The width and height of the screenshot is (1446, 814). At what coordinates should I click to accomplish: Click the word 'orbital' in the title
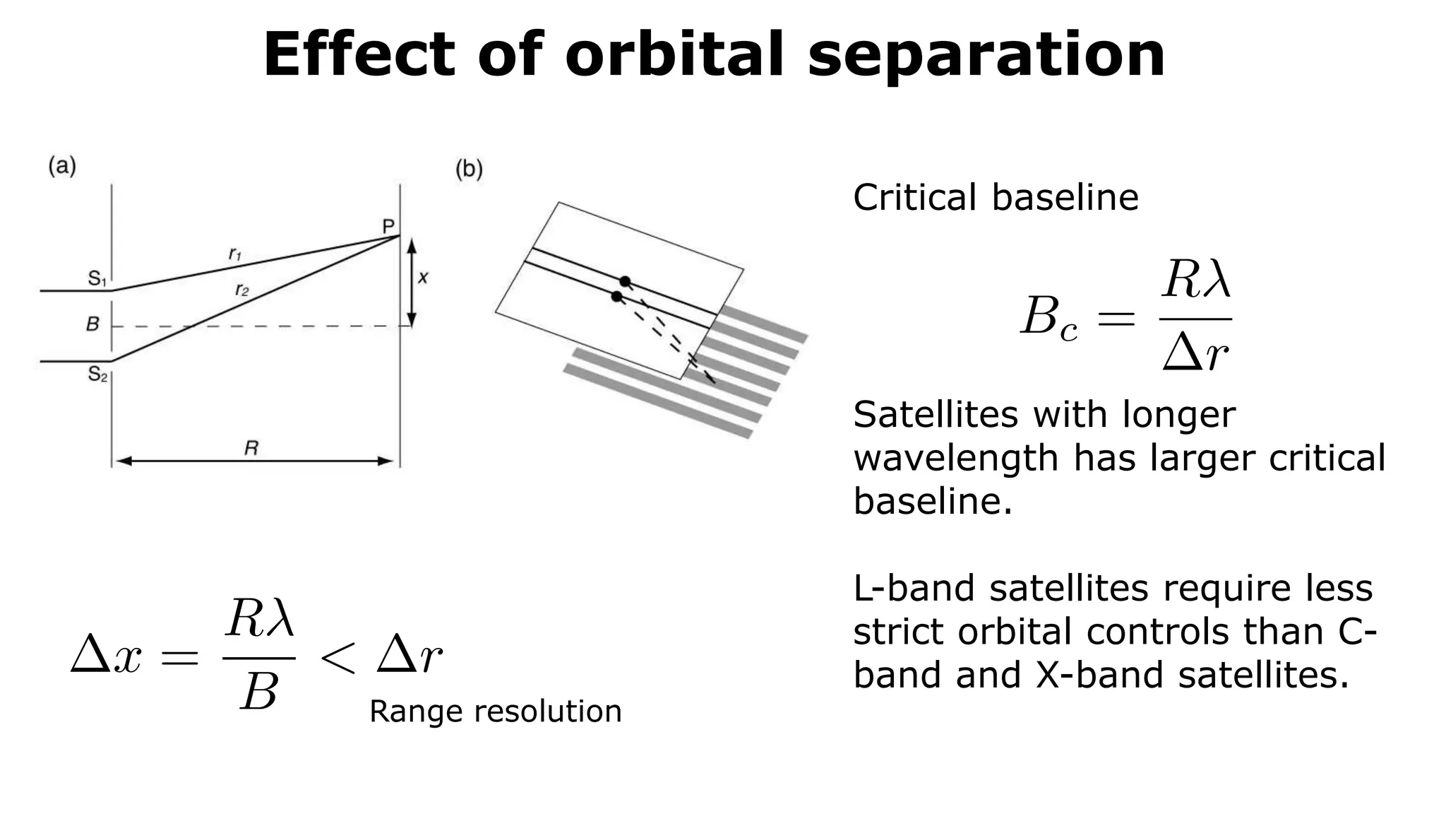pyautogui.click(x=674, y=54)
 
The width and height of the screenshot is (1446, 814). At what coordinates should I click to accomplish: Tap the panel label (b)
pyautogui.click(x=469, y=170)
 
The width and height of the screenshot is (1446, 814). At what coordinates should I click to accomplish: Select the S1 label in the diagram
pyautogui.click(x=97, y=278)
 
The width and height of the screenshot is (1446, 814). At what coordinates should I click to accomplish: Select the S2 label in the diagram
pyautogui.click(x=97, y=374)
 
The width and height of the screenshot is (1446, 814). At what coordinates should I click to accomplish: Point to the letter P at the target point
pyautogui.click(x=388, y=226)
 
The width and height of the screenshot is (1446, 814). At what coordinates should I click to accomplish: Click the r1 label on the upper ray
pyautogui.click(x=235, y=254)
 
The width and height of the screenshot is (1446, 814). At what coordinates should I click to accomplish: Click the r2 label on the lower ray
pyautogui.click(x=242, y=289)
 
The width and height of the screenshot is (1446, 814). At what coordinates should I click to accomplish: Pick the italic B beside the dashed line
pyautogui.click(x=92, y=324)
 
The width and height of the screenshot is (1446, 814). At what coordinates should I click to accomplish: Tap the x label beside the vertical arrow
pyautogui.click(x=423, y=278)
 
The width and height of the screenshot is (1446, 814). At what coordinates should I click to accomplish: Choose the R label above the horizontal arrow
pyautogui.click(x=251, y=447)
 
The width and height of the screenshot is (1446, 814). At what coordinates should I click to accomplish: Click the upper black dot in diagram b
pyautogui.click(x=625, y=281)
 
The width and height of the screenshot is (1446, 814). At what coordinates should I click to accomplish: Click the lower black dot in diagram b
pyautogui.click(x=616, y=297)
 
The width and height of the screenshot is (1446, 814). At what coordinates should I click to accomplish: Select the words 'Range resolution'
pyautogui.click(x=495, y=711)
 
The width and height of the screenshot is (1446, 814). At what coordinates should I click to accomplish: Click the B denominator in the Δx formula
pyautogui.click(x=258, y=692)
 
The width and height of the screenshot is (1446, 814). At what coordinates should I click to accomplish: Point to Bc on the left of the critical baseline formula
pyautogui.click(x=1049, y=318)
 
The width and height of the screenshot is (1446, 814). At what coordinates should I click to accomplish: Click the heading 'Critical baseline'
pyautogui.click(x=996, y=197)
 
